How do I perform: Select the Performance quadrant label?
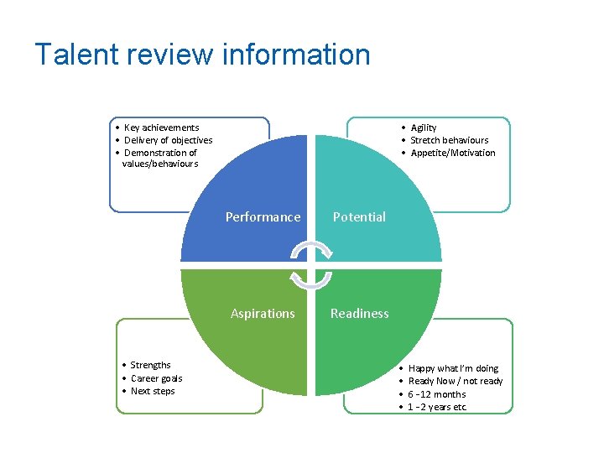pos(263,217)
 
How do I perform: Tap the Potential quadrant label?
pos(359,217)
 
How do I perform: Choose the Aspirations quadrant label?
pos(263,314)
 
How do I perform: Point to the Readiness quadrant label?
pos(359,314)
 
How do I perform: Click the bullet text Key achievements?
pos(161,128)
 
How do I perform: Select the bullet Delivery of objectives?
pos(168,140)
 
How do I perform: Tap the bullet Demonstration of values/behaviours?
pos(159,158)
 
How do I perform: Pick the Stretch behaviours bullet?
pos(449,140)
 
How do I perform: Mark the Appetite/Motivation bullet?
pos(452,153)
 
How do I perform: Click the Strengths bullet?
pos(150,365)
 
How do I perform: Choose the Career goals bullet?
pos(156,378)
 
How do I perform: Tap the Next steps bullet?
pos(152,391)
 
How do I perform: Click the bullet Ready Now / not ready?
pos(455,381)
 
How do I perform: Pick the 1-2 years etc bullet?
pos(436,407)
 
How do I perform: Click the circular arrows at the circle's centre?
pos(311,265)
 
